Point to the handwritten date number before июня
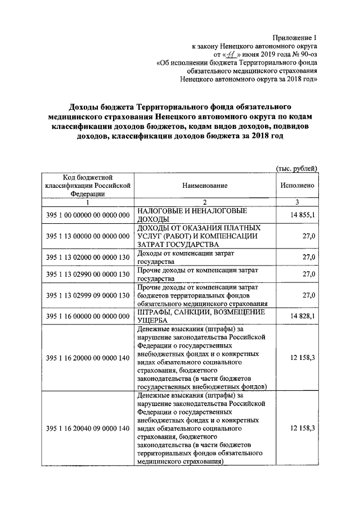tap(229, 54)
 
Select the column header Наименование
tap(205, 185)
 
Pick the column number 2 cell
tap(205, 202)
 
